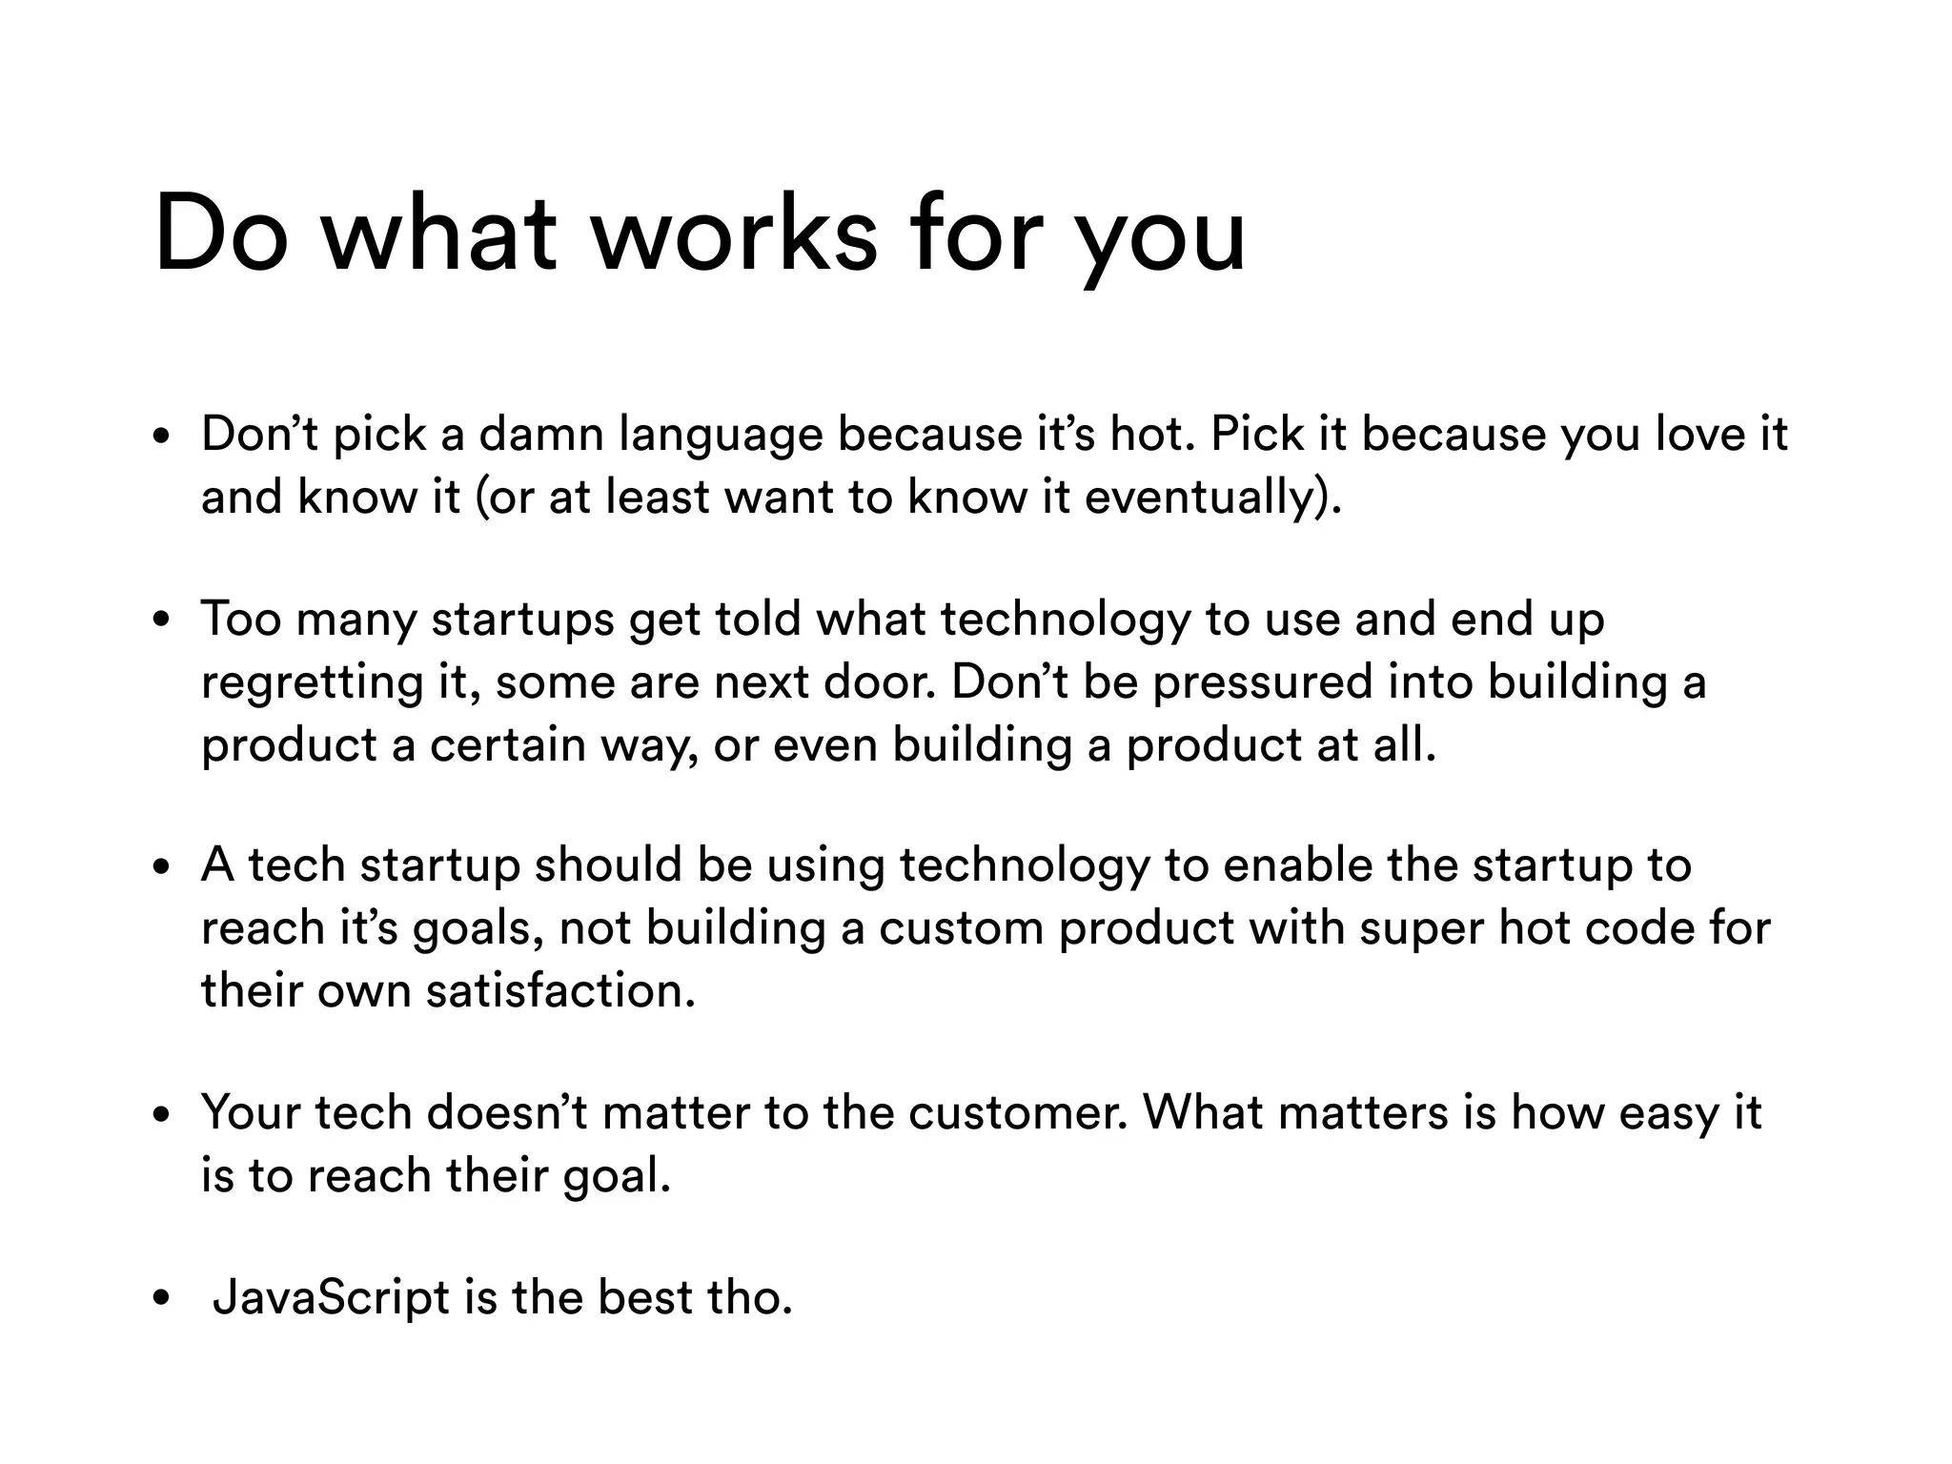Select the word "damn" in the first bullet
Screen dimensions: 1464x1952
[541, 435]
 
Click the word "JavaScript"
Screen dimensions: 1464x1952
[331, 1298]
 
